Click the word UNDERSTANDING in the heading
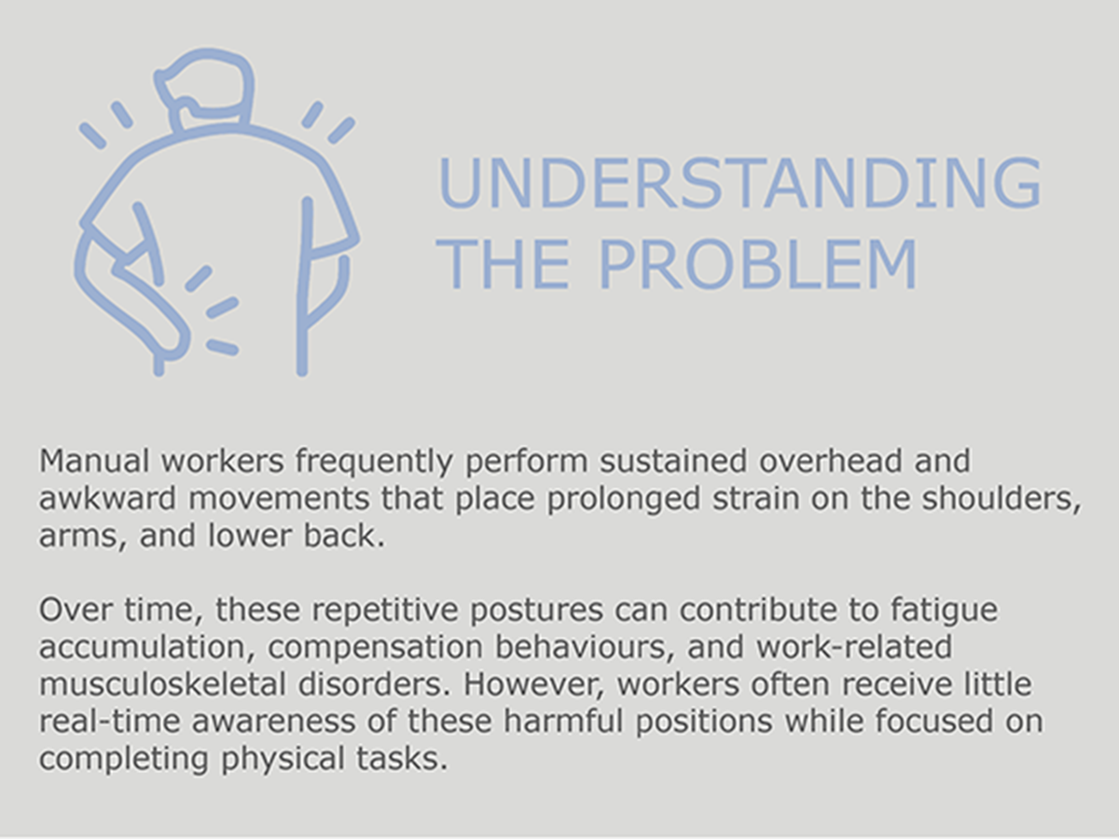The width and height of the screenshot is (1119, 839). [x=739, y=183]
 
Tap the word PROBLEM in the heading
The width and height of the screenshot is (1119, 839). [x=757, y=265]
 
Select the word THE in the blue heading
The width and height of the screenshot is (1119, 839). [x=502, y=265]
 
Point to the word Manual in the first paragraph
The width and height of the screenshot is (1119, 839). [x=94, y=461]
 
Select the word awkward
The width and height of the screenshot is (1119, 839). [x=107, y=498]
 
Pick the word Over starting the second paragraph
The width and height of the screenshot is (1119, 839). [x=75, y=610]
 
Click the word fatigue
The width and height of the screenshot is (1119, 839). [x=944, y=611]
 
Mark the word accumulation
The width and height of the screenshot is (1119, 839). [x=146, y=648]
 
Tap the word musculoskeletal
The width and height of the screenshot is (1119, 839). [x=162, y=684]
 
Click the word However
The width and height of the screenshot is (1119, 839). [x=533, y=685]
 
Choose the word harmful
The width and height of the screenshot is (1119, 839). [x=563, y=722]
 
